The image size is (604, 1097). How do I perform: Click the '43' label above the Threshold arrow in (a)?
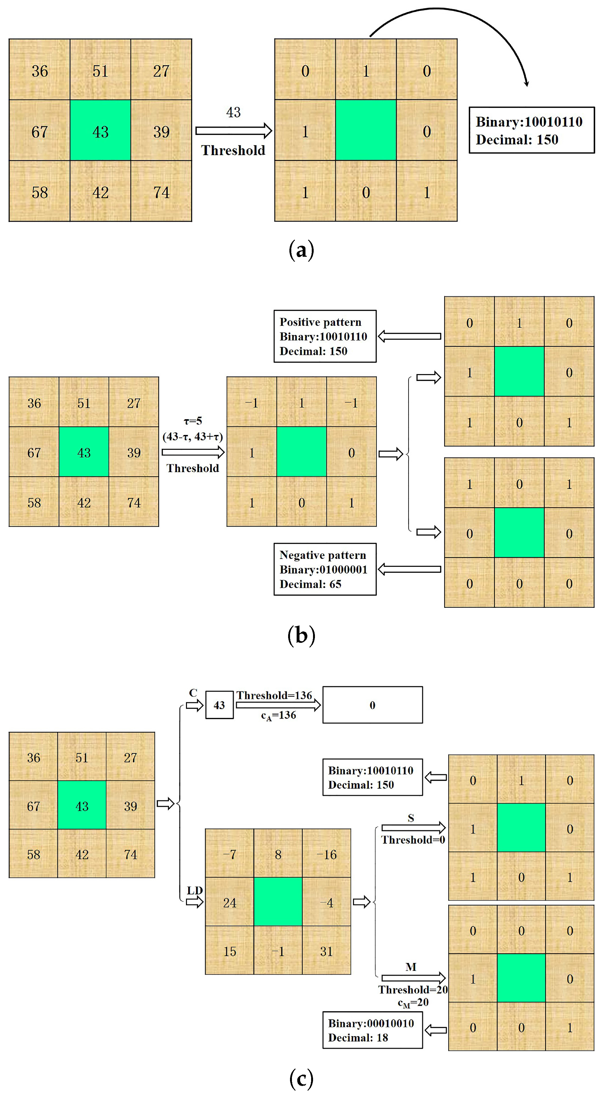tap(233, 112)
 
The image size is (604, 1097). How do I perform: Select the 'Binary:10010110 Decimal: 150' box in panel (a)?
tap(531, 130)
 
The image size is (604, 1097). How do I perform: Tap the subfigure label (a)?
tap(301, 250)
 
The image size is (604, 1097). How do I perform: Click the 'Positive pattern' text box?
tap(325, 337)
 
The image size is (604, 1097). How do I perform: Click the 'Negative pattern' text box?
tap(325, 569)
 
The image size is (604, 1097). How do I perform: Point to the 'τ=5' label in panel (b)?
tap(193, 421)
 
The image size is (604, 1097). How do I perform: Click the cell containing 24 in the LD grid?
tap(230, 902)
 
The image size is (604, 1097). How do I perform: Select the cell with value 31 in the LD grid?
tap(327, 951)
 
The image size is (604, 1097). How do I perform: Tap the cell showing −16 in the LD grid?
tap(327, 854)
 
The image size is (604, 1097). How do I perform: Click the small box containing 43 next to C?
tap(219, 705)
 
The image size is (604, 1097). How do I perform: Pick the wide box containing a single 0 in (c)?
tap(372, 705)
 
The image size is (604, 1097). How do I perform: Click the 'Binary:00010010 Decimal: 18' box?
tap(372, 1030)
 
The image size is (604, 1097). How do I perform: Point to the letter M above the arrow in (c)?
tap(411, 967)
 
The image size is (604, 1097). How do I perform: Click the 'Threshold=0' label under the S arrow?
tap(413, 840)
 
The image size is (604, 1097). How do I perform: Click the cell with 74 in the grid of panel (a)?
tap(161, 192)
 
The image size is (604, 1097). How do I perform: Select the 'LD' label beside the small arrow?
tap(195, 890)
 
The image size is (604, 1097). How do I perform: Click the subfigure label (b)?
tap(301, 635)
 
